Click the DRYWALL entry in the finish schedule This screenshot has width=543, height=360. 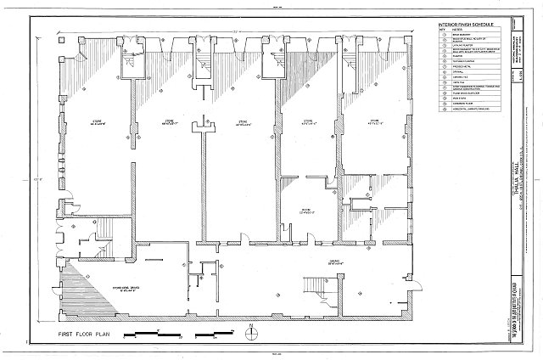pyautogui.click(x=456, y=71)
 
